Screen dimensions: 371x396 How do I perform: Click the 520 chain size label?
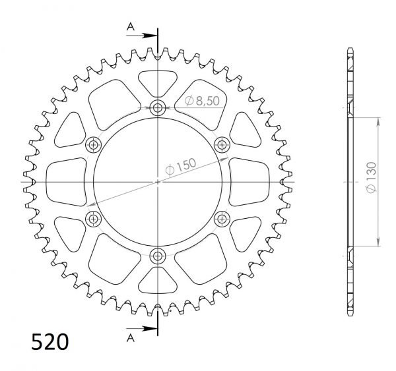(49, 343)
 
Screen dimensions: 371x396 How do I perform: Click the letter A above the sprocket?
(130, 26)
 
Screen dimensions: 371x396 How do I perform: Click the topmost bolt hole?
(158, 108)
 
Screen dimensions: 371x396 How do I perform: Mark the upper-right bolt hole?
(222, 144)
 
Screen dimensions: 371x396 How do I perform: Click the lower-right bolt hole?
(222, 218)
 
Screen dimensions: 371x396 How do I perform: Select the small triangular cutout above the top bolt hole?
(158, 83)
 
